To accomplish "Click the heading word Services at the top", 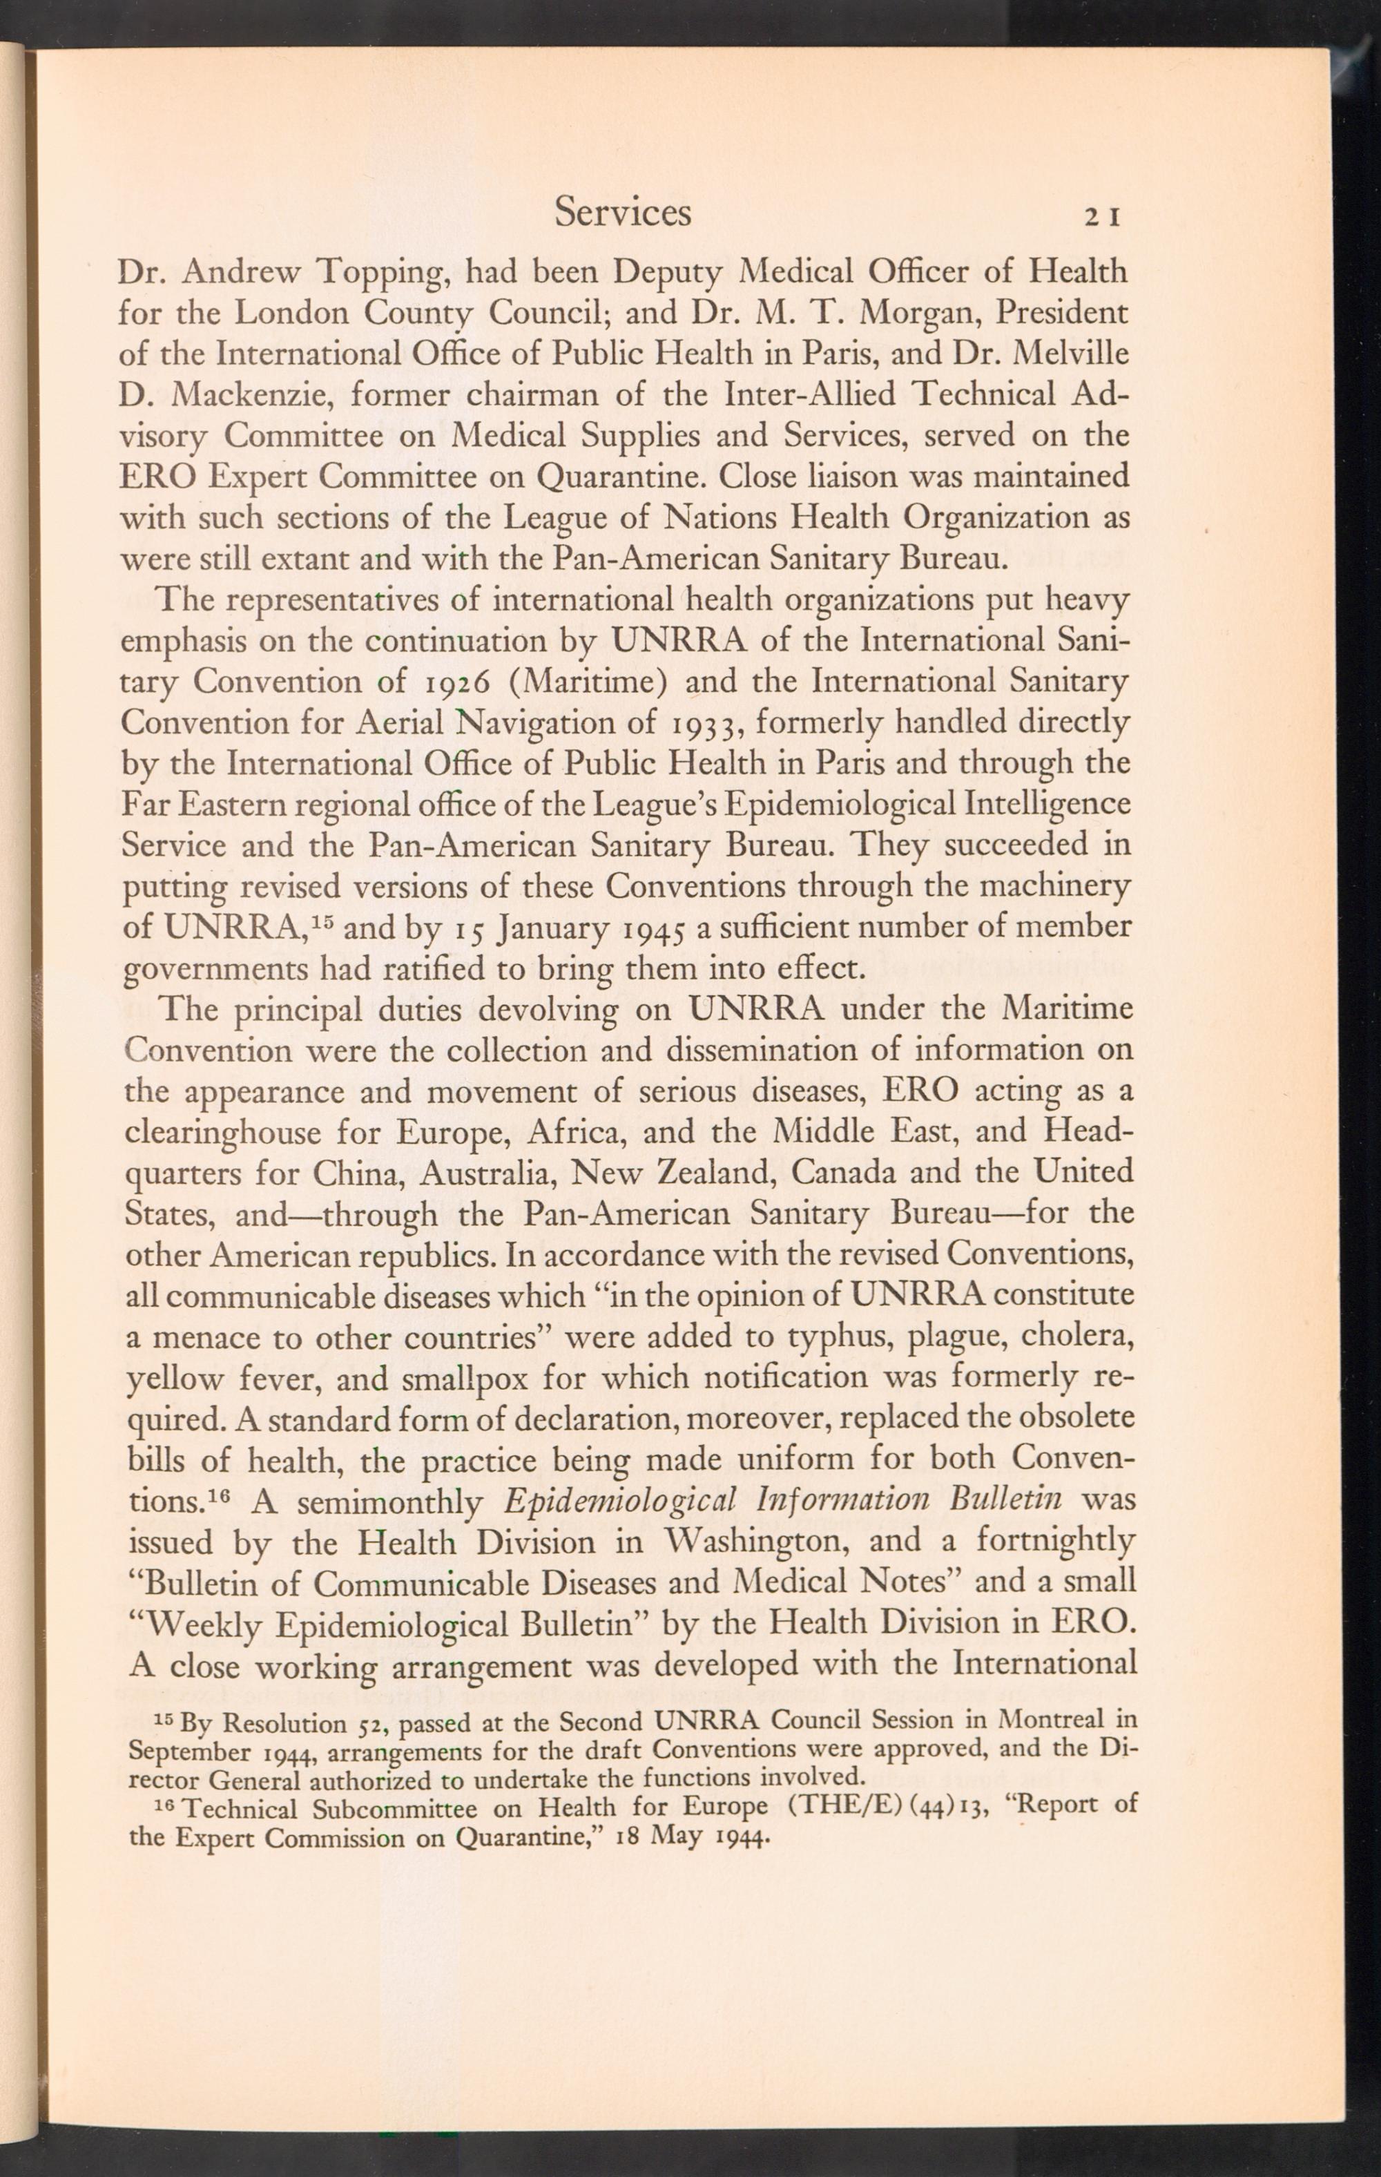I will pos(623,213).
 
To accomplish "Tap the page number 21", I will pos(1103,217).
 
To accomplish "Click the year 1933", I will pos(702,724).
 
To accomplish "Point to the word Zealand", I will pos(713,1174).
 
